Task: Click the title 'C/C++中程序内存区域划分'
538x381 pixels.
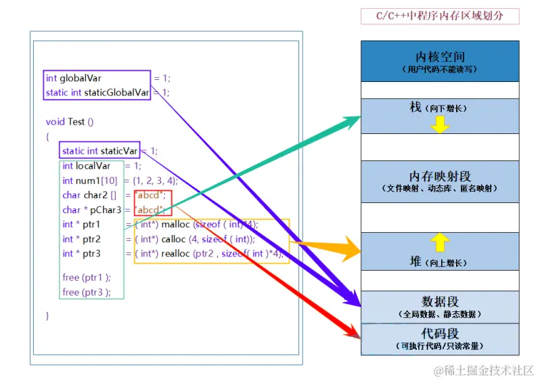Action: point(440,16)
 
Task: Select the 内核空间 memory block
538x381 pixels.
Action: point(440,61)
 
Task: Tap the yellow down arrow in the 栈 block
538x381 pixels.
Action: point(440,125)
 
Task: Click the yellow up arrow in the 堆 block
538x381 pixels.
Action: point(440,242)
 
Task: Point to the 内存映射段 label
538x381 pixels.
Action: point(440,176)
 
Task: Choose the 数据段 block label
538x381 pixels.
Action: point(440,302)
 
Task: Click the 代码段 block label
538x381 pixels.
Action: point(440,334)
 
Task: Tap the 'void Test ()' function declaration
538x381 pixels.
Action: point(69,122)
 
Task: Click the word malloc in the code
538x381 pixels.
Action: point(176,225)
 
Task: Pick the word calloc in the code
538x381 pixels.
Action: point(175,239)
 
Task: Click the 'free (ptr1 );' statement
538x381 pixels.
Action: point(86,277)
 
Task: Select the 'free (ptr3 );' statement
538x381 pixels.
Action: point(86,292)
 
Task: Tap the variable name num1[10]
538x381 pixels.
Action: point(96,181)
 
